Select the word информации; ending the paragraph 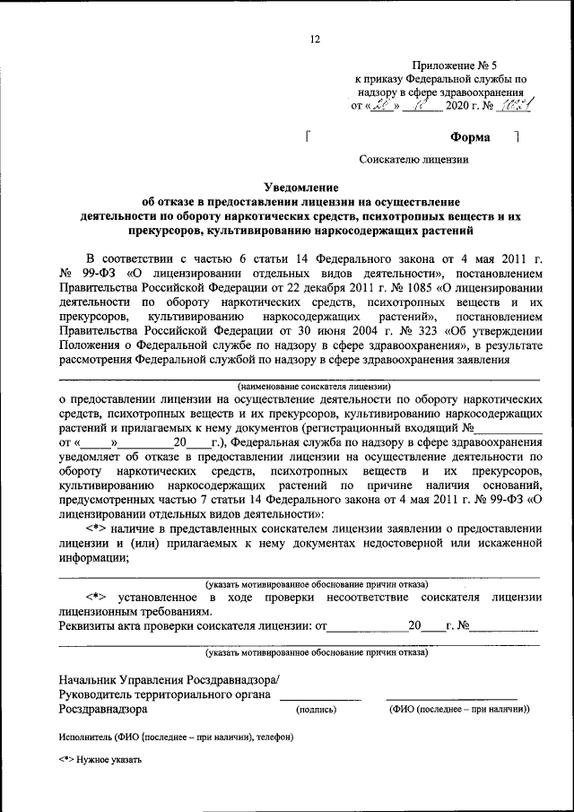(x=95, y=557)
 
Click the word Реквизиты (x=88, y=624)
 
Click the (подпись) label (x=317, y=709)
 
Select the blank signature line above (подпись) (x=320, y=698)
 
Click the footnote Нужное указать (x=109, y=759)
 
